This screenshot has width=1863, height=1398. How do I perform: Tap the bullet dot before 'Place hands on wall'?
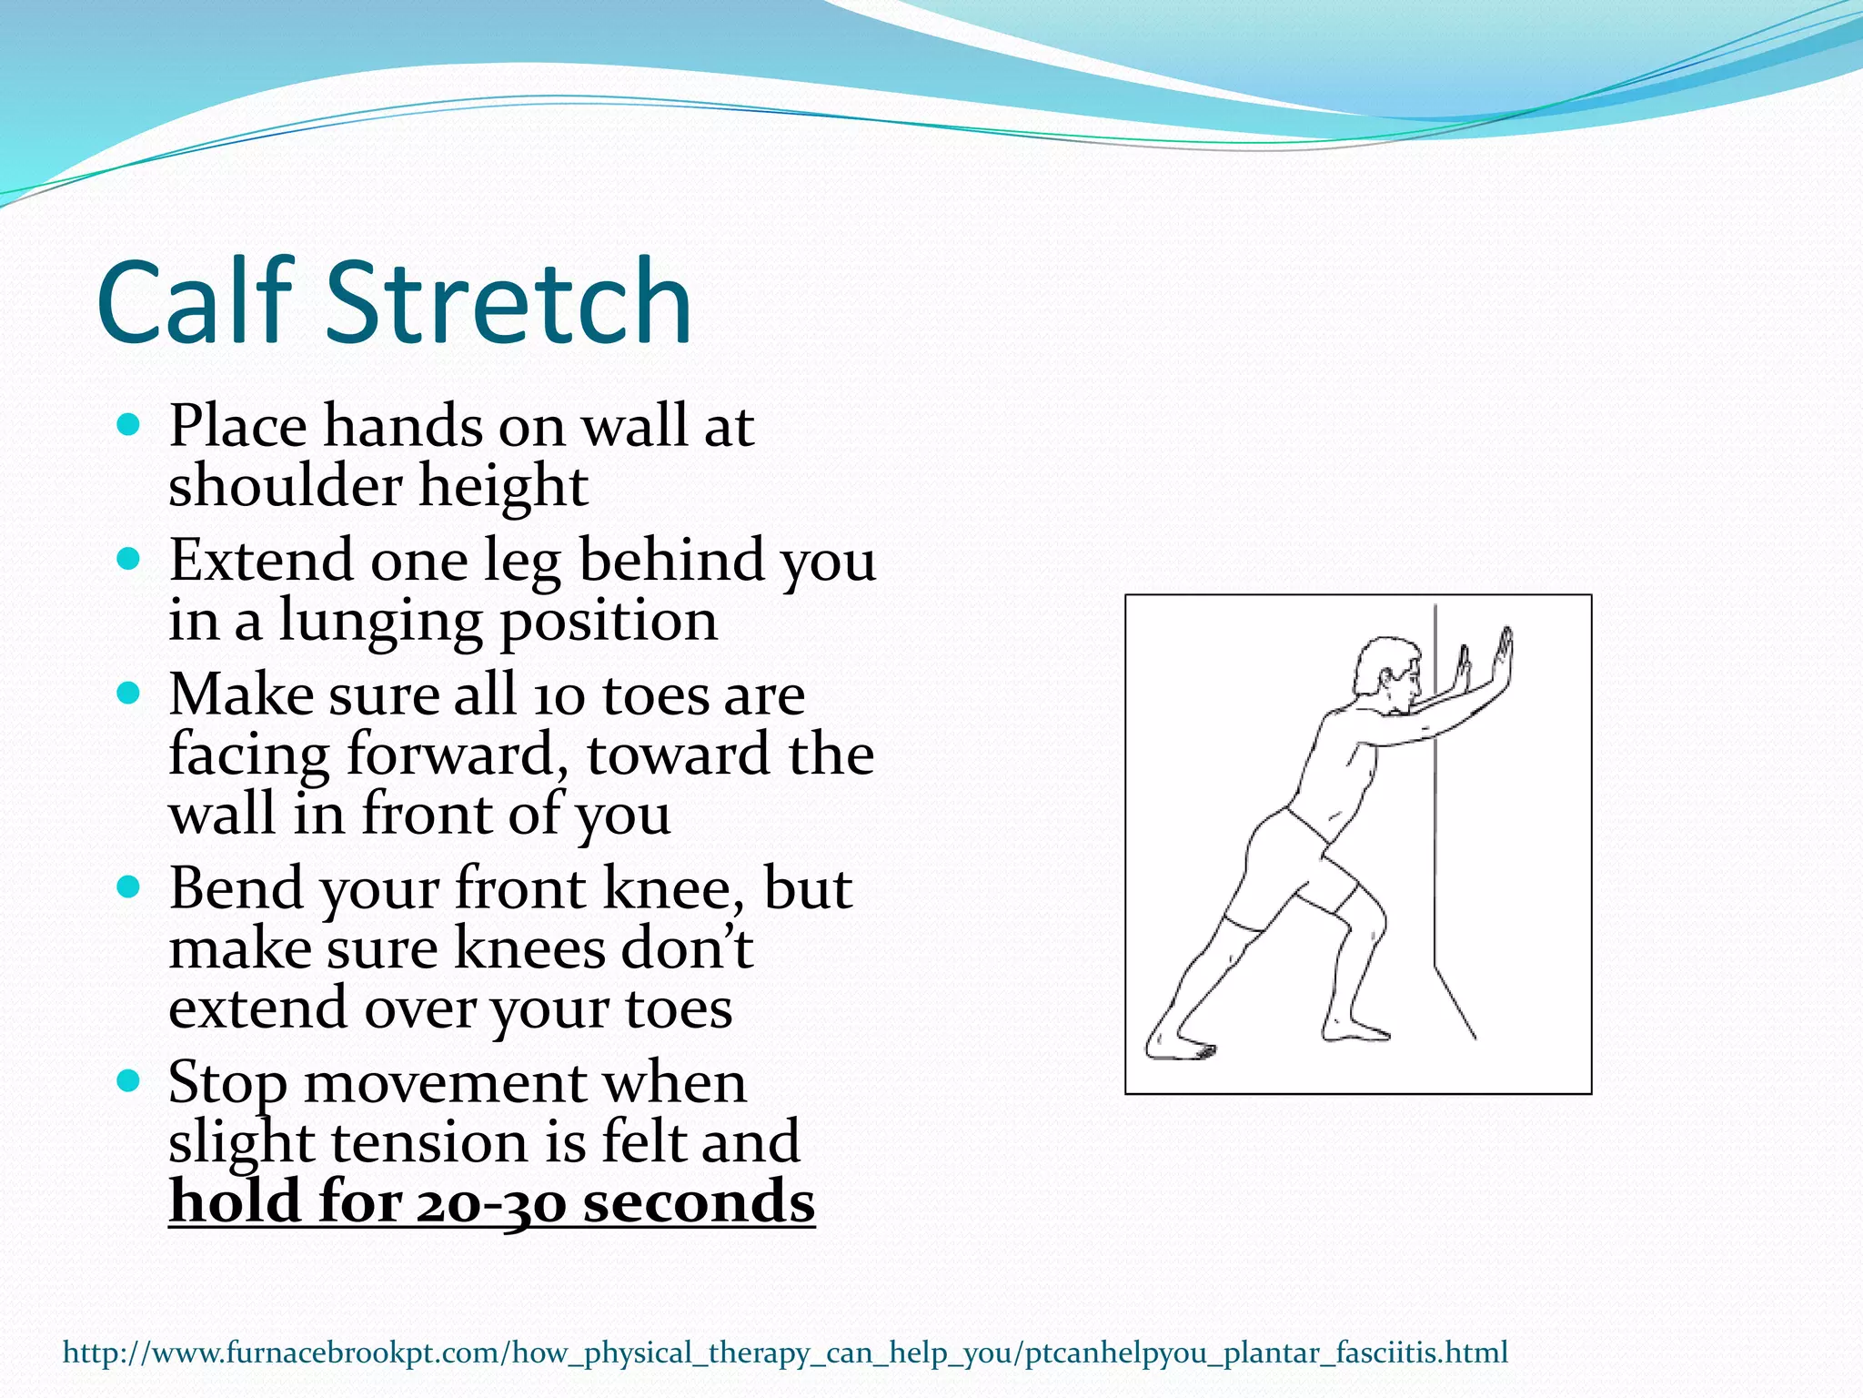click(x=129, y=424)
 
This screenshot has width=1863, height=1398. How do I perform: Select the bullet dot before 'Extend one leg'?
click(x=129, y=558)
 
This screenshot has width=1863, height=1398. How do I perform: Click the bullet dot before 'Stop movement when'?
click(x=129, y=1080)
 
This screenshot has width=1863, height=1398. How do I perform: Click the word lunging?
click(x=380, y=622)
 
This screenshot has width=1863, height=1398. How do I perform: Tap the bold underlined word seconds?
click(x=698, y=1201)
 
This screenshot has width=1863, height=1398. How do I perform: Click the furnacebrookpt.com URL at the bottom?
click(x=784, y=1352)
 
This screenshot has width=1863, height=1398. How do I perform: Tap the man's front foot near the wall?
click(x=1355, y=1028)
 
